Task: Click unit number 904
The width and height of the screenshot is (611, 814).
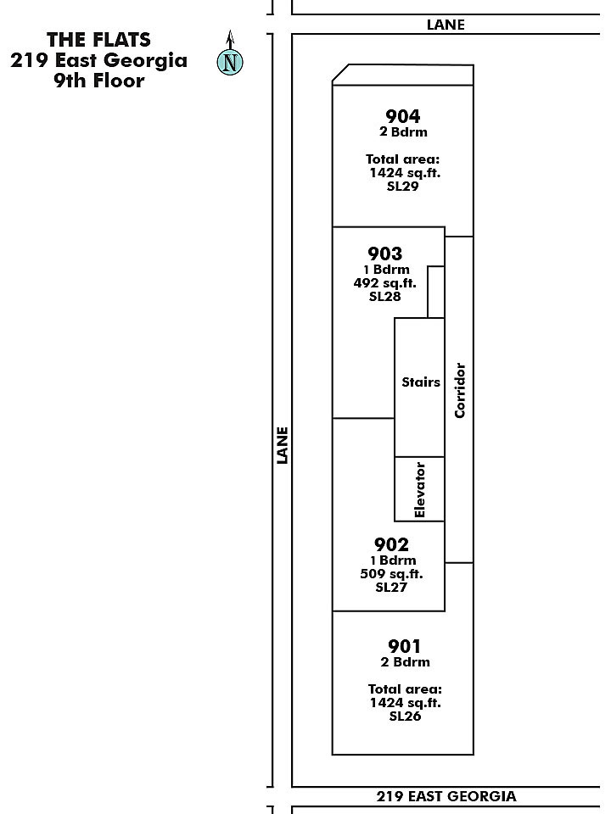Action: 402,116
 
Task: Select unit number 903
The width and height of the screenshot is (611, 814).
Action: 385,254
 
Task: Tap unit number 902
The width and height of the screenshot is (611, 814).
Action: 391,544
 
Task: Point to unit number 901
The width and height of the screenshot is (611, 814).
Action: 404,646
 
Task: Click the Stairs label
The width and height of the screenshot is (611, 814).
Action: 421,382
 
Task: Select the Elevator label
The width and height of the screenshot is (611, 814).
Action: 420,489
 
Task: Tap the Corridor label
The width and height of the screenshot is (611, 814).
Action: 460,390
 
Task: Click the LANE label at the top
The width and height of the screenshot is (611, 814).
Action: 446,25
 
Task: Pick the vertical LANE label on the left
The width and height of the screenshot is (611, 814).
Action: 282,445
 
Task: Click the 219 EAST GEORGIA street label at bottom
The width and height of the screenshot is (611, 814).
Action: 446,796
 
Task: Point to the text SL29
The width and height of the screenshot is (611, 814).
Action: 402,187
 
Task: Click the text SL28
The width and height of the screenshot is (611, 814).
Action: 385,297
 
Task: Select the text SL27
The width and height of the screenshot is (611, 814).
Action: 391,587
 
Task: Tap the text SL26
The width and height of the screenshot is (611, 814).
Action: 405,716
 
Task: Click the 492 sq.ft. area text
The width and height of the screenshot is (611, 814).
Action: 385,283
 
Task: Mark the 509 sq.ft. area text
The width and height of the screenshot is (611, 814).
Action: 391,574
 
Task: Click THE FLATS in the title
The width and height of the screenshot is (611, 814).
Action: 98,40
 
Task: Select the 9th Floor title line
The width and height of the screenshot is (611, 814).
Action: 98,81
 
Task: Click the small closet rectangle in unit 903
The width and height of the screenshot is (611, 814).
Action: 436,292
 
